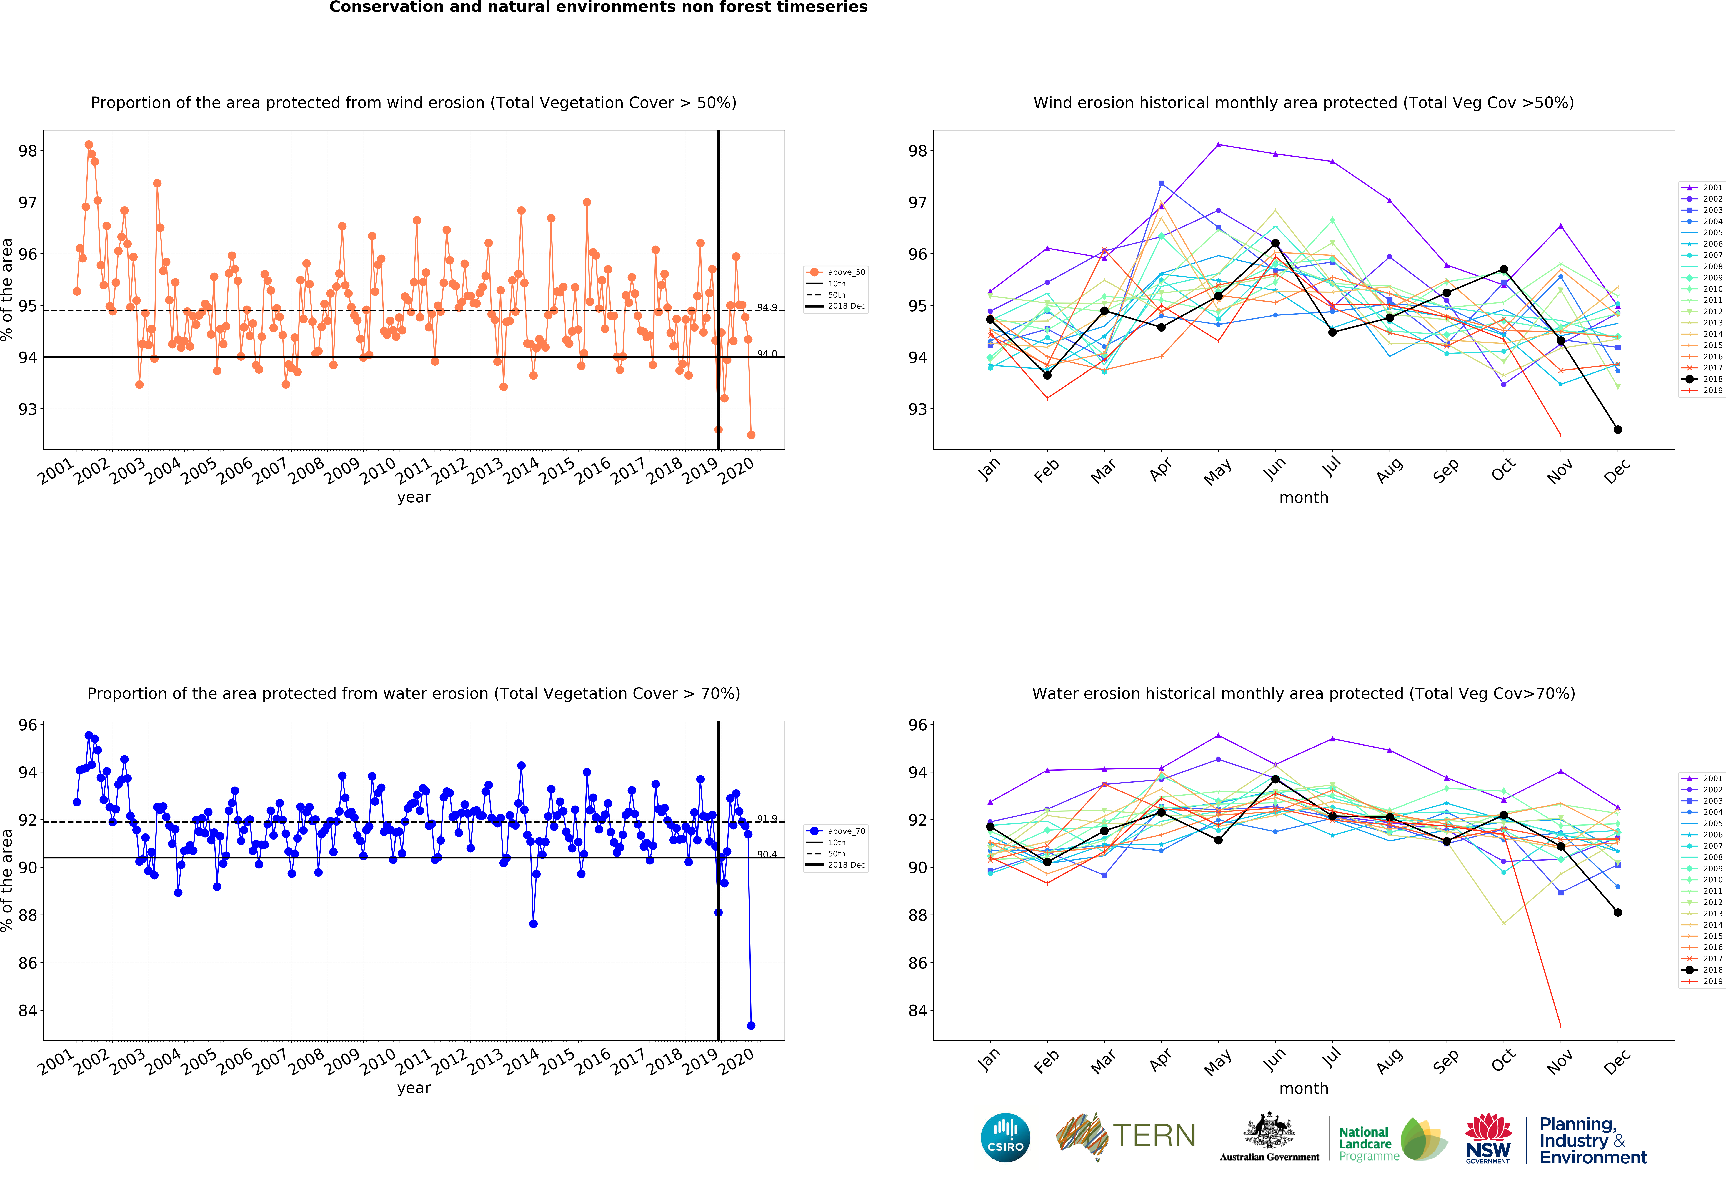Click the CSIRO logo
click(x=1006, y=1137)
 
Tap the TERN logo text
click(x=1154, y=1135)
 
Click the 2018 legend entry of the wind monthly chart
click(x=1702, y=379)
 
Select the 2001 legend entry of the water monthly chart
click(x=1702, y=778)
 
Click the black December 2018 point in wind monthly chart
click(x=1617, y=429)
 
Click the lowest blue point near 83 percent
click(x=751, y=1026)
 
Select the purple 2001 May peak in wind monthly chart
click(x=1218, y=144)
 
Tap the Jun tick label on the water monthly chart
click(x=1274, y=1060)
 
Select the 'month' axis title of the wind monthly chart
click(x=1303, y=498)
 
